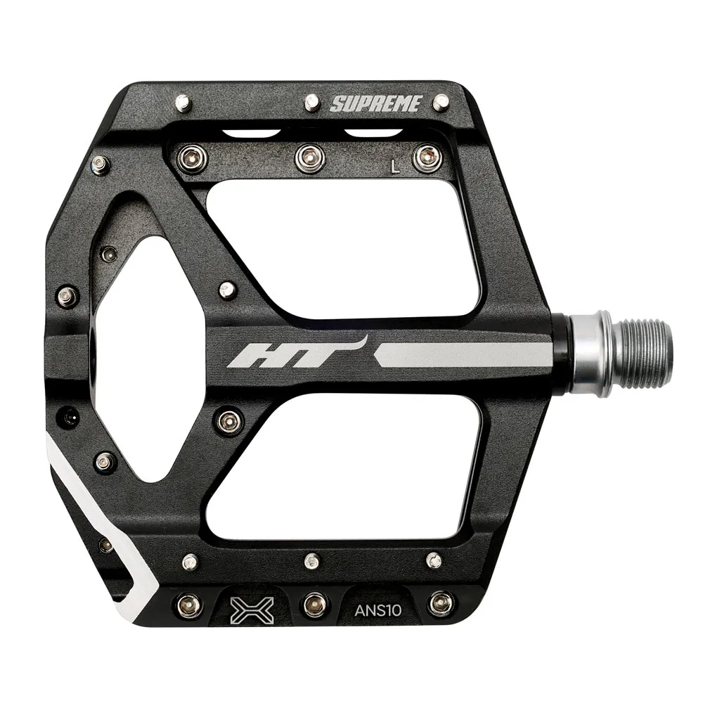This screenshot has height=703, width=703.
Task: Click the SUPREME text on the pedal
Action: pyautogui.click(x=376, y=104)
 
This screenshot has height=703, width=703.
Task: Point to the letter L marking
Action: pyautogui.click(x=396, y=167)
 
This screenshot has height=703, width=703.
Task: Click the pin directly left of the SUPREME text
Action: pyautogui.click(x=311, y=103)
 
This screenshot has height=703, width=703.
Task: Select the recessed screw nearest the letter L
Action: pyautogui.click(x=424, y=156)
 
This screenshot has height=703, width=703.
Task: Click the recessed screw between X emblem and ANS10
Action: pyautogui.click(x=311, y=602)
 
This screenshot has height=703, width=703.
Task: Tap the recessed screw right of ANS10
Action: pyautogui.click(x=441, y=602)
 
